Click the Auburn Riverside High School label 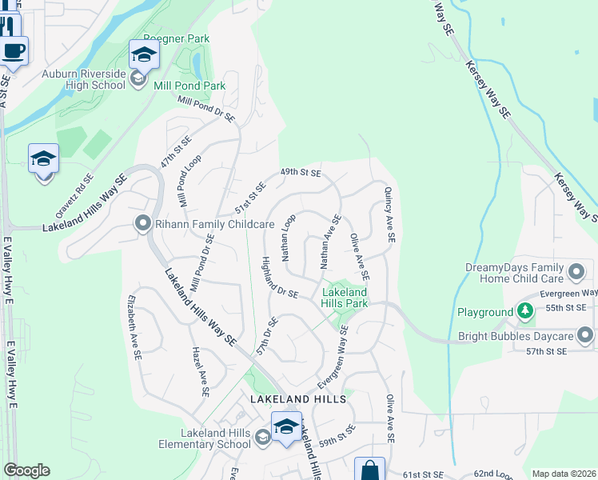84,79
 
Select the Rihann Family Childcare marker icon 143,224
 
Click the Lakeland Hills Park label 345,298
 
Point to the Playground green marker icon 524,311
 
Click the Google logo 26,470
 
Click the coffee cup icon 14,50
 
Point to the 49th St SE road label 300,172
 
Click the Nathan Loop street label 289,237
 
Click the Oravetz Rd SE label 74,195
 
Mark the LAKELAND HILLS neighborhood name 297,398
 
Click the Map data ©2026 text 564,474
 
